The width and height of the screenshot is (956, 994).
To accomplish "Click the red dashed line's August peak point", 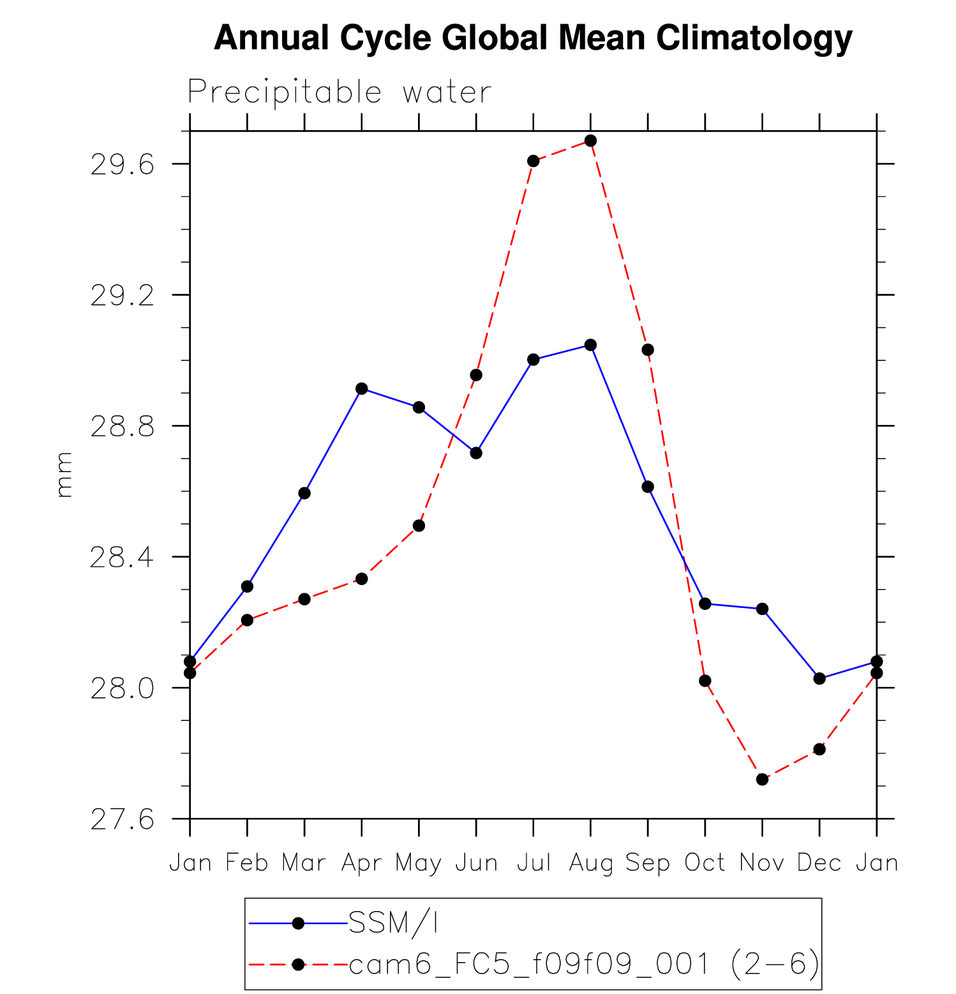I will (x=590, y=140).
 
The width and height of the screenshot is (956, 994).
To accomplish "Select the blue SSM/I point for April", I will (x=362, y=389).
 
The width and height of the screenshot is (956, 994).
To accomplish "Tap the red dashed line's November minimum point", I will (x=762, y=779).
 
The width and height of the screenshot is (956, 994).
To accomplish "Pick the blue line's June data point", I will (x=476, y=453).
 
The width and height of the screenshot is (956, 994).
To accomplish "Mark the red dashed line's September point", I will (x=648, y=350).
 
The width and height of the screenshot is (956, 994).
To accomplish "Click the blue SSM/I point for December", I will (x=819, y=678).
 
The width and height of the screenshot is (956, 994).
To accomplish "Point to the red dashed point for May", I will (x=419, y=526).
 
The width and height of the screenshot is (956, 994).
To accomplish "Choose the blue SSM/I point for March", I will (x=304, y=493).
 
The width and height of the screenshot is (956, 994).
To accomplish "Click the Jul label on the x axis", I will (x=534, y=863).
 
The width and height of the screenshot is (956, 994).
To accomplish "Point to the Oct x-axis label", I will (x=705, y=863).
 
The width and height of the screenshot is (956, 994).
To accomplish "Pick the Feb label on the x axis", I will (x=247, y=863).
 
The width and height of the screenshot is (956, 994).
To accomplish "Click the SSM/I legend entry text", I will (x=393, y=923).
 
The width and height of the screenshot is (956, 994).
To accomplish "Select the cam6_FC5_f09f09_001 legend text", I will (x=530, y=964).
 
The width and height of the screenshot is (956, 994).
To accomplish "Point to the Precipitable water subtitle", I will (x=340, y=93).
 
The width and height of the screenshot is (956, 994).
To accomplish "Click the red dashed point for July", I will (x=534, y=161).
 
